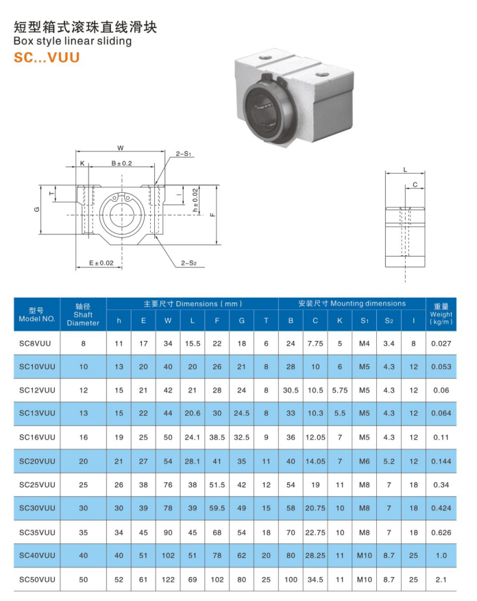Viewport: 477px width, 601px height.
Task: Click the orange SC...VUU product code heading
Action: (47, 58)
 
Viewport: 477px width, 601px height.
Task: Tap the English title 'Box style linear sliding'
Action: (73, 41)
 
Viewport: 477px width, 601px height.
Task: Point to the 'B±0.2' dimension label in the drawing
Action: (121, 163)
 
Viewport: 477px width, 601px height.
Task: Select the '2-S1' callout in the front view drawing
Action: (184, 154)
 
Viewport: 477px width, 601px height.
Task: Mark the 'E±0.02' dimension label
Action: (101, 263)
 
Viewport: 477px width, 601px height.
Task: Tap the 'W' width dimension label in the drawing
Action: (121, 148)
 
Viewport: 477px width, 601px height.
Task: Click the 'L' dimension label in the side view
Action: (405, 169)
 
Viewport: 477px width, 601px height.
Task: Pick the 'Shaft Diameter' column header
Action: (83, 314)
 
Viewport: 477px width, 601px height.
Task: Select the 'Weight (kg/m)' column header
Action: (441, 314)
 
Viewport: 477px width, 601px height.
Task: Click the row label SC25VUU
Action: (37, 485)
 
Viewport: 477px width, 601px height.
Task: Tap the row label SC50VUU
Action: (37, 580)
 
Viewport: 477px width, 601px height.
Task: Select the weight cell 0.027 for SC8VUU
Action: (441, 343)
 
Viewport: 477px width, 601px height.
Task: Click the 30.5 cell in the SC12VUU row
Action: (291, 390)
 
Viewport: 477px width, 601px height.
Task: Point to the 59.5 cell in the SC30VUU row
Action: (217, 509)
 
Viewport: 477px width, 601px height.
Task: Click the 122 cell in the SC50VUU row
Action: (168, 580)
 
